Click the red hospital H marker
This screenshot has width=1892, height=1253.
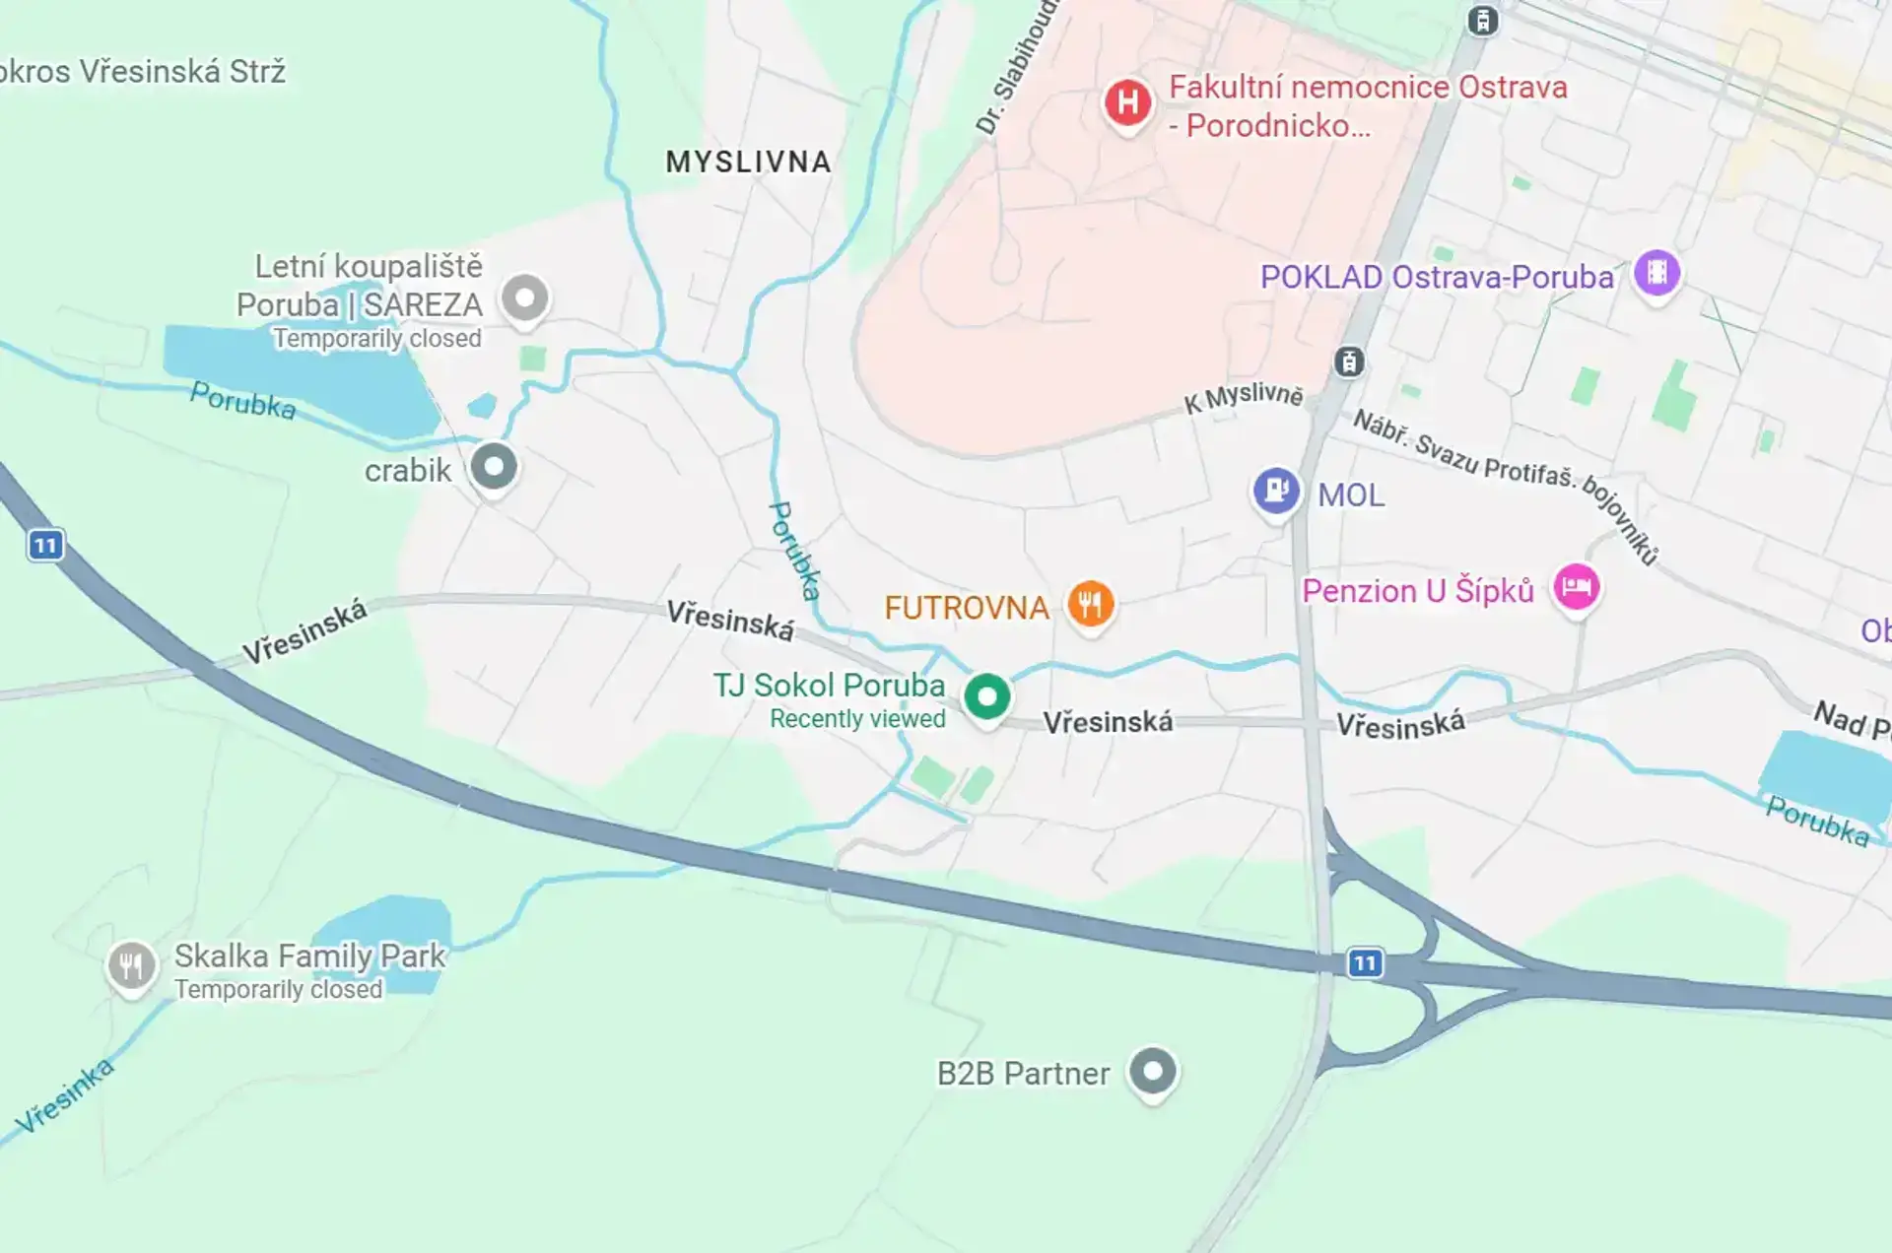click(1127, 101)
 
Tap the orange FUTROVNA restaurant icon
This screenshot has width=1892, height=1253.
click(1090, 603)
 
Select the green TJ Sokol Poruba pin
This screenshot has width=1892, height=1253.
click(986, 696)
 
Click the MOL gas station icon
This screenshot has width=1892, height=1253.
click(1276, 489)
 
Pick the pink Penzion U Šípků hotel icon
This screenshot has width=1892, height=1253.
click(1576, 587)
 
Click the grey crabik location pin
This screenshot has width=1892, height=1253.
click(493, 466)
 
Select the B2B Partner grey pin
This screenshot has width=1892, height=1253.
click(1152, 1070)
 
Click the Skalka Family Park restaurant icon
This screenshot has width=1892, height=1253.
click(131, 965)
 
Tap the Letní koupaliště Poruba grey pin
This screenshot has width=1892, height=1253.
click(524, 297)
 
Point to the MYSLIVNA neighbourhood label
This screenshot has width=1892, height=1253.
click(748, 163)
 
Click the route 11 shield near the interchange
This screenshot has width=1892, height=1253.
click(1364, 962)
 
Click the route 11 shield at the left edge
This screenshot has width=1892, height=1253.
click(45, 545)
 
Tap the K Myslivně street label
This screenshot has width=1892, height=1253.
click(1243, 398)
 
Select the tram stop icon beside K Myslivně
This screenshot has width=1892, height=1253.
click(1349, 362)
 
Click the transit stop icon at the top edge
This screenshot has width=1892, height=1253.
click(1482, 20)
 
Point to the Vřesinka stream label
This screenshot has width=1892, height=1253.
click(65, 1096)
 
